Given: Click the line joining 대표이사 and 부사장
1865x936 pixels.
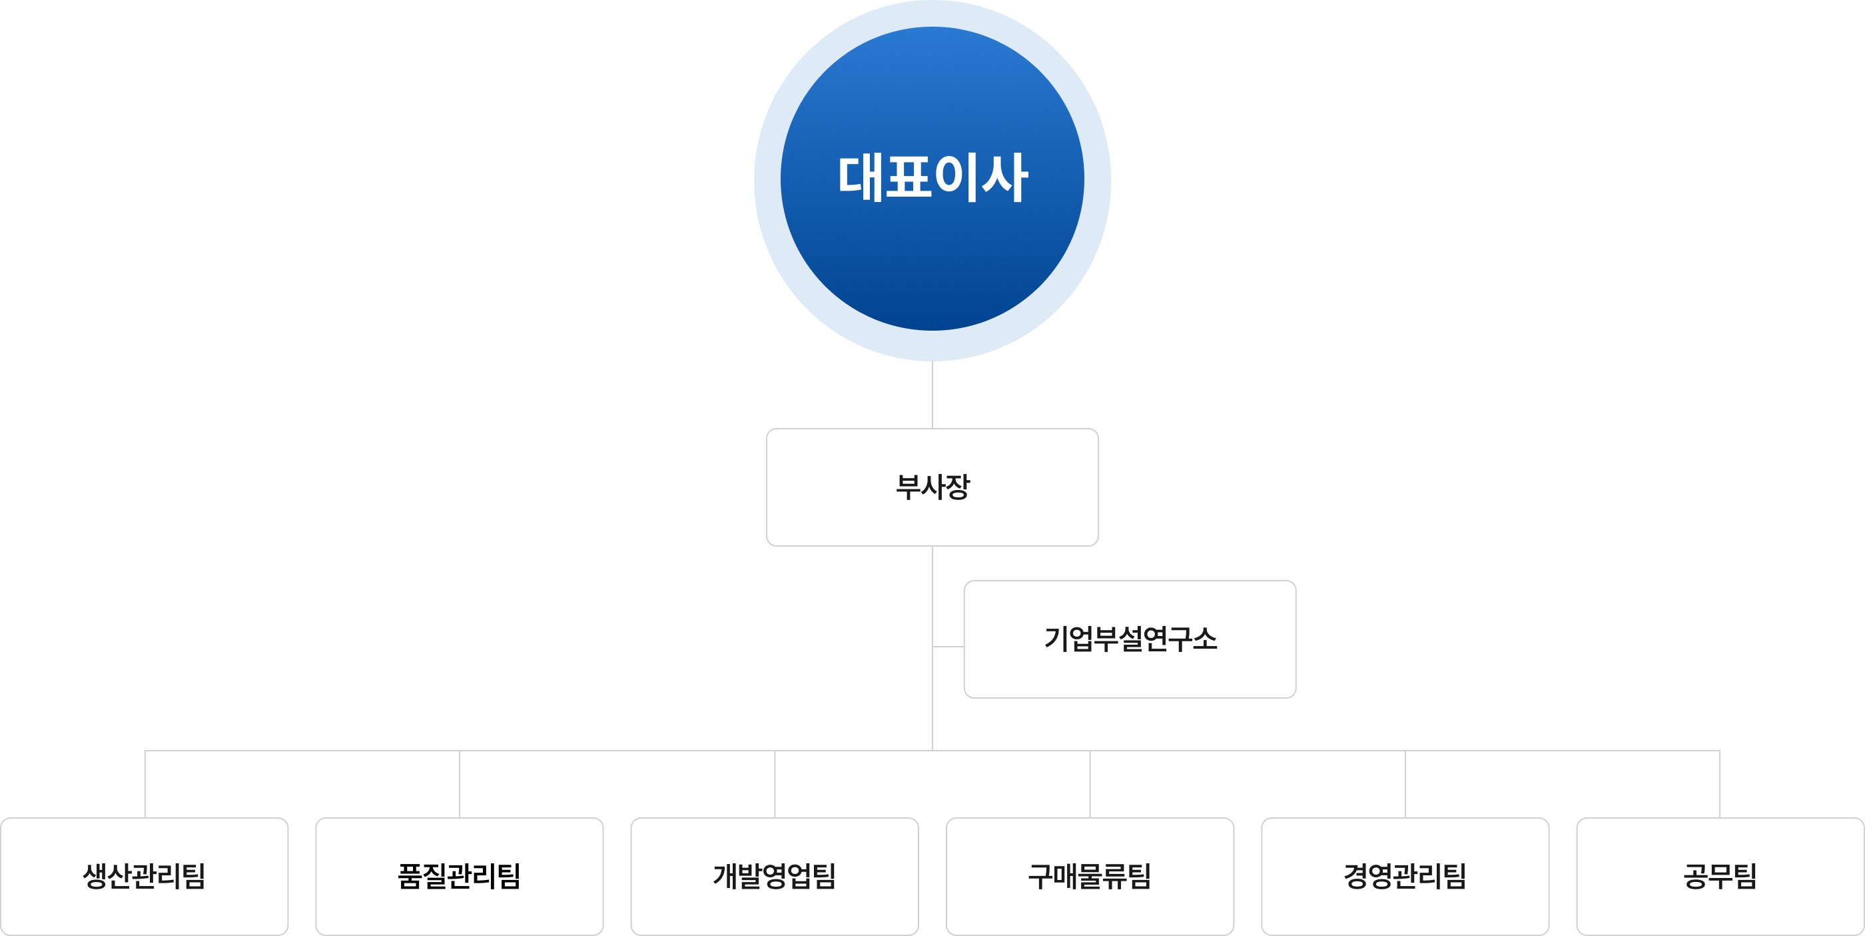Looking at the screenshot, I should pyautogui.click(x=932, y=395).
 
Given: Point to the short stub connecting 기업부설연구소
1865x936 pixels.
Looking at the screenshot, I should pyautogui.click(x=948, y=645).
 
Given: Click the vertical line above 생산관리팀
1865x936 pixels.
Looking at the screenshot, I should pyautogui.click(x=145, y=784).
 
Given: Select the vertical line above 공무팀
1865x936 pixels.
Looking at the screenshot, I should pyautogui.click(x=1720, y=784).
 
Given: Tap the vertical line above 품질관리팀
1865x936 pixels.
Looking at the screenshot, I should pyautogui.click(x=460, y=784).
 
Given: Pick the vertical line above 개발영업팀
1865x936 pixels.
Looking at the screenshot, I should pyautogui.click(x=775, y=784).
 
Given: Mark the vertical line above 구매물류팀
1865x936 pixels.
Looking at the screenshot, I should pyautogui.click(x=1090, y=784).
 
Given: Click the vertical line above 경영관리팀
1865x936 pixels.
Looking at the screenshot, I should pyautogui.click(x=1405, y=784).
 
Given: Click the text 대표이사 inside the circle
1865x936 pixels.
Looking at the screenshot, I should pyautogui.click(x=932, y=177).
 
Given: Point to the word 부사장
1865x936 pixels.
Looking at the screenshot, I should pyautogui.click(x=932, y=486).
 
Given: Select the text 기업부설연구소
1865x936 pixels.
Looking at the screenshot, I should pyautogui.click(x=1130, y=639).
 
